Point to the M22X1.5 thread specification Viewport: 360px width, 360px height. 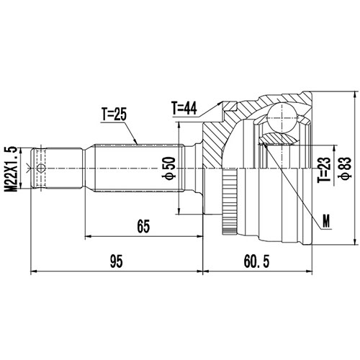(9, 168)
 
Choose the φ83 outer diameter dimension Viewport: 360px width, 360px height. (346, 168)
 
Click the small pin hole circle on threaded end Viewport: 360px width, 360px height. (41, 168)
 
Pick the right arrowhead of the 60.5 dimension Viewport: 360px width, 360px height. (308, 272)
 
